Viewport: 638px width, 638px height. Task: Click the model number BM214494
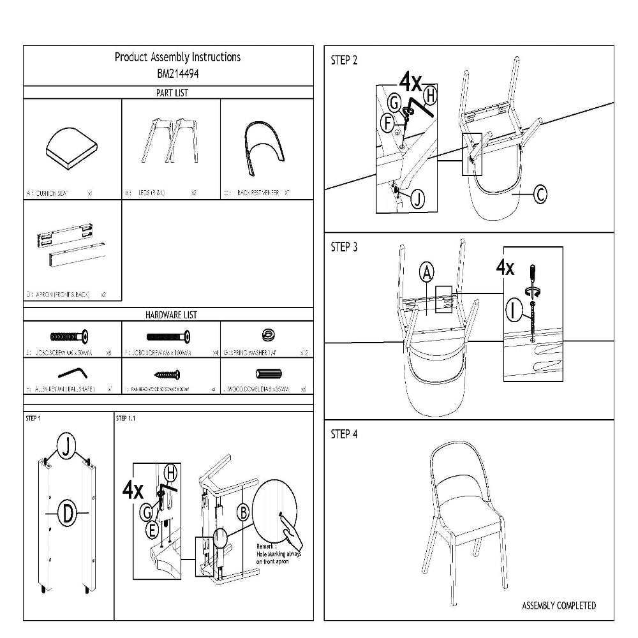coord(177,73)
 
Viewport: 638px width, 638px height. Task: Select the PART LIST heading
coord(172,93)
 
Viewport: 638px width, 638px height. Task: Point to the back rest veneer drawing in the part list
coord(267,146)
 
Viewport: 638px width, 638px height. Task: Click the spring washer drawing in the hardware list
coord(267,335)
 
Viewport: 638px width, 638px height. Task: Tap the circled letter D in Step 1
coord(67,513)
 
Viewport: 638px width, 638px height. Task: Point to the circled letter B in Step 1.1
coord(243,511)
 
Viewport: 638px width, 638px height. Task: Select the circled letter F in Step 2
coord(387,123)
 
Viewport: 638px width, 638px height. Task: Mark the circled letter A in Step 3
coord(427,273)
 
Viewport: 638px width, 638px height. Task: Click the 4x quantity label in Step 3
coord(505,267)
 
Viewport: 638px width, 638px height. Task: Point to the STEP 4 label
coord(344,434)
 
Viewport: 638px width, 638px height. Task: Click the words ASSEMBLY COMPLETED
coord(559,605)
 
